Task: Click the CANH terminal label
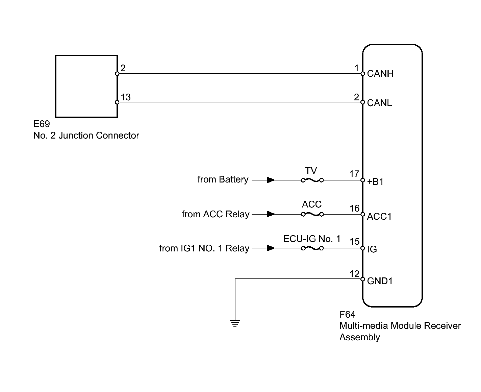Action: click(x=380, y=74)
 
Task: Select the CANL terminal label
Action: click(x=379, y=103)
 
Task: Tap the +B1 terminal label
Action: click(x=375, y=182)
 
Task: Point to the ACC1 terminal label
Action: click(x=379, y=217)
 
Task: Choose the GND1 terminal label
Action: click(x=380, y=281)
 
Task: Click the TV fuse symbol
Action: click(x=312, y=180)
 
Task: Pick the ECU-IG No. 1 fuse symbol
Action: click(x=312, y=248)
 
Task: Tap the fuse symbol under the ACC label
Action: click(x=312, y=214)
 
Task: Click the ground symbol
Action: click(x=235, y=323)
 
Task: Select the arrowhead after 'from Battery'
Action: click(x=271, y=180)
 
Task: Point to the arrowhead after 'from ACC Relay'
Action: click(x=271, y=214)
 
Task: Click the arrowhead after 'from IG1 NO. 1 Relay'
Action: click(x=271, y=248)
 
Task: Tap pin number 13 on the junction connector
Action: click(x=126, y=97)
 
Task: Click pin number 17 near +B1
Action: click(x=354, y=174)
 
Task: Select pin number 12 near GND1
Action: click(x=354, y=274)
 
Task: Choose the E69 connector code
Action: click(x=42, y=124)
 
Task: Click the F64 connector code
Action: click(x=347, y=314)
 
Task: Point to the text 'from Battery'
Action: click(x=223, y=179)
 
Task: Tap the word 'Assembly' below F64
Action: click(x=360, y=337)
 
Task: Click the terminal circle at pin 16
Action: click(x=363, y=214)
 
